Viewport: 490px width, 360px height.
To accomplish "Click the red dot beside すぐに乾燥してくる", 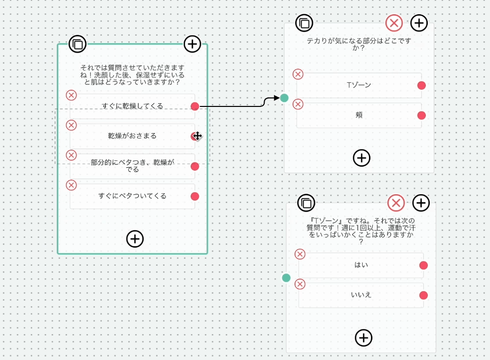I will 195,106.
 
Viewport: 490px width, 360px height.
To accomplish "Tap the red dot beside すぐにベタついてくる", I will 195,196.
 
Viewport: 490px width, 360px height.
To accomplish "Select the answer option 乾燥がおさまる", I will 132,136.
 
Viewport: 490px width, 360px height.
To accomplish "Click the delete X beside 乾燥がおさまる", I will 71,125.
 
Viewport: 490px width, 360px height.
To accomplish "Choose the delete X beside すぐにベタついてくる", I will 71,185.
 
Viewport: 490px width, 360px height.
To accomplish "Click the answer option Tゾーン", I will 359,85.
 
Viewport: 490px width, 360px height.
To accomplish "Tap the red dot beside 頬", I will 421,115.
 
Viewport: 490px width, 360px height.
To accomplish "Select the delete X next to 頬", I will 298,104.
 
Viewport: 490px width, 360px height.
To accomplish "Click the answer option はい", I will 361,265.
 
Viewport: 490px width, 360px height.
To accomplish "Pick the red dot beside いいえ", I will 423,295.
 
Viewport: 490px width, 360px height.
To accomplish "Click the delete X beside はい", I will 300,254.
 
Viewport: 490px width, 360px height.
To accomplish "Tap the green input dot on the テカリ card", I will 284,98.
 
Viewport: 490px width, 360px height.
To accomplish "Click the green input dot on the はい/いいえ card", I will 286,278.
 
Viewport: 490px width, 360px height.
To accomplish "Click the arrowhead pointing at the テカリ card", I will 276,98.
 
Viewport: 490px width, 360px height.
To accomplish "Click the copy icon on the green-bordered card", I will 77,44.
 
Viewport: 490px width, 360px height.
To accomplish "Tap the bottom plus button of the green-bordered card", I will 135,239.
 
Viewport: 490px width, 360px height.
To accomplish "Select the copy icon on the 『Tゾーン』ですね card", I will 306,203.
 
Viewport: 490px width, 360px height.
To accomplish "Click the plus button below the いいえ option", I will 363,337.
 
